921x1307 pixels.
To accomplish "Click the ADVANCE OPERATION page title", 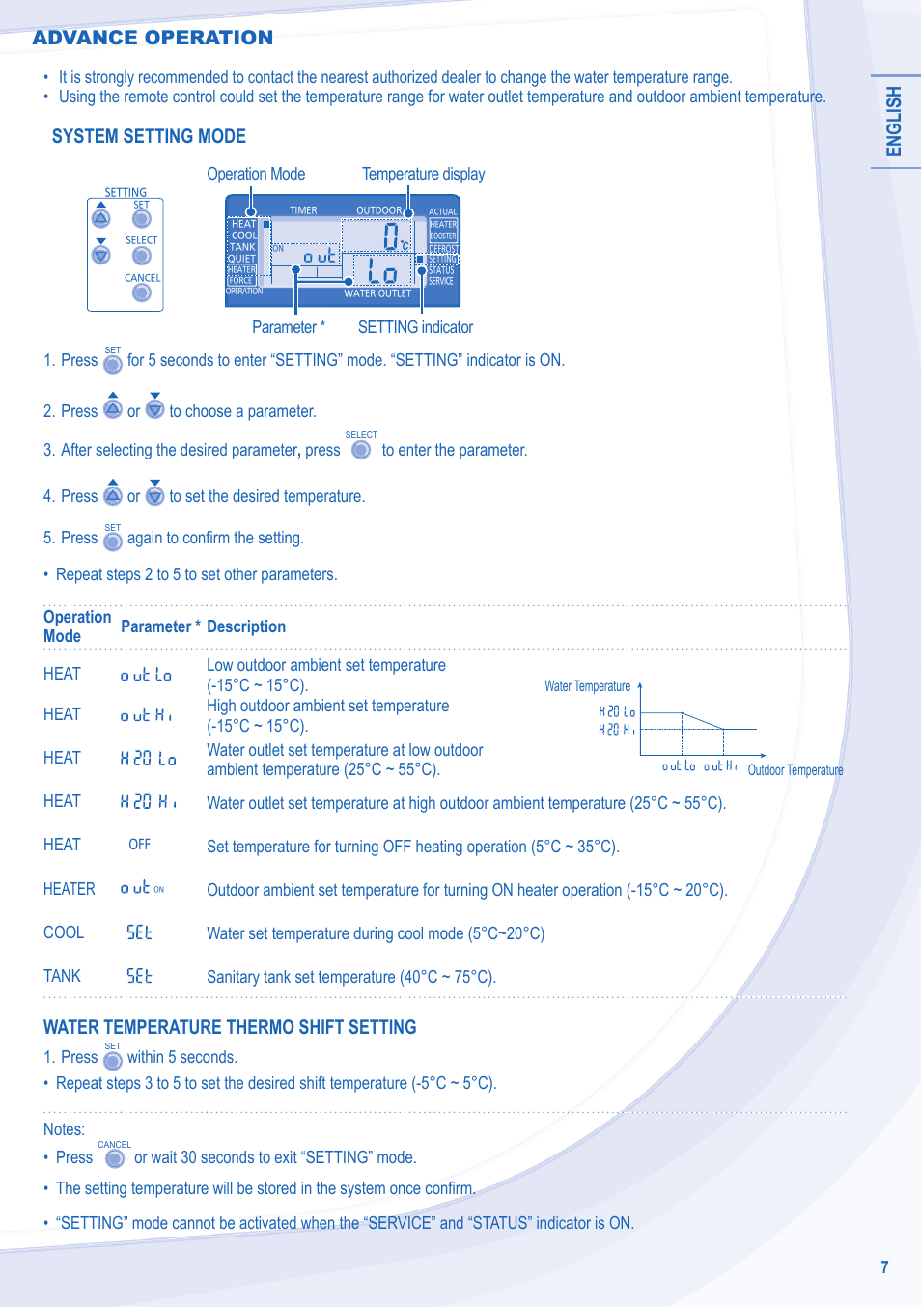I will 153,38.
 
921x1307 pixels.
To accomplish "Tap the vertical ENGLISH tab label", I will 894,121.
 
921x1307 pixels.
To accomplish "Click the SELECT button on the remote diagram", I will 142,256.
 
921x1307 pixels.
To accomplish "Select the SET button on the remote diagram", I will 142,219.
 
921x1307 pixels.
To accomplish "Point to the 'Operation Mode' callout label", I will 256,174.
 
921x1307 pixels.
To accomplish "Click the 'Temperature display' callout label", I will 423,174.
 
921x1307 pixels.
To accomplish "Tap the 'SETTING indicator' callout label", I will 415,327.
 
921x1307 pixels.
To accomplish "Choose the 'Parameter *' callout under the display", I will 288,327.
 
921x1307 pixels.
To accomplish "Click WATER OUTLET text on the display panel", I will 377,293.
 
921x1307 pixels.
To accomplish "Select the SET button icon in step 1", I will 113,364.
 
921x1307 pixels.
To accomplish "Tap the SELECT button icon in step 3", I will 361,450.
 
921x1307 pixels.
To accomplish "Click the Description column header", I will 246,626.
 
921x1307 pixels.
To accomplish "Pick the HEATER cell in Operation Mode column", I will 70,889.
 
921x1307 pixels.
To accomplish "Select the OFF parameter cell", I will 140,845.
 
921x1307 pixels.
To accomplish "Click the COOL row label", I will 64,932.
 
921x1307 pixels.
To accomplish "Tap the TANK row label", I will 63,976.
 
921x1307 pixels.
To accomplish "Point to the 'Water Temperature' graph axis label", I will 587,686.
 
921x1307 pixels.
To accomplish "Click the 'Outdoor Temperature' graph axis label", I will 795,770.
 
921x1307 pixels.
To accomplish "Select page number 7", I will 884,1267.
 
